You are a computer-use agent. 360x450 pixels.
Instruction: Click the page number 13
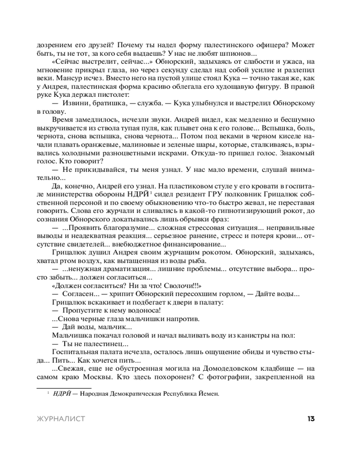point(310,419)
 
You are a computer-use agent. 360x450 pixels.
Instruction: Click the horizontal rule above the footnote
point(63,387)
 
